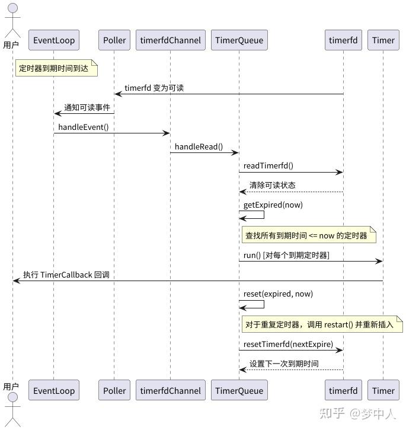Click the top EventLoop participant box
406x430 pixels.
(x=54, y=40)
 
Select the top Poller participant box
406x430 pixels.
(x=114, y=40)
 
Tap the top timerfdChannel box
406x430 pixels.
(x=170, y=40)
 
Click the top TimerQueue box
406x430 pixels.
(x=239, y=40)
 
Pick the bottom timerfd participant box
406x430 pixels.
(x=343, y=390)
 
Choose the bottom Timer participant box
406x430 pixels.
(x=383, y=390)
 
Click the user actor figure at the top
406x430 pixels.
(x=11, y=18)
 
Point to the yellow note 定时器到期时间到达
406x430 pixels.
(x=55, y=69)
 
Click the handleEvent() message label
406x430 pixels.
(x=83, y=127)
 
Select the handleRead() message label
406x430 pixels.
(x=198, y=146)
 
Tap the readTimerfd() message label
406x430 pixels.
(x=268, y=166)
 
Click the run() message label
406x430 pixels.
(x=286, y=255)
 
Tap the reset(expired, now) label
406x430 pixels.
(x=278, y=294)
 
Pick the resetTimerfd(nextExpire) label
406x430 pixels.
(x=288, y=344)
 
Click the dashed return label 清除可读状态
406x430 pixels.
(x=272, y=186)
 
